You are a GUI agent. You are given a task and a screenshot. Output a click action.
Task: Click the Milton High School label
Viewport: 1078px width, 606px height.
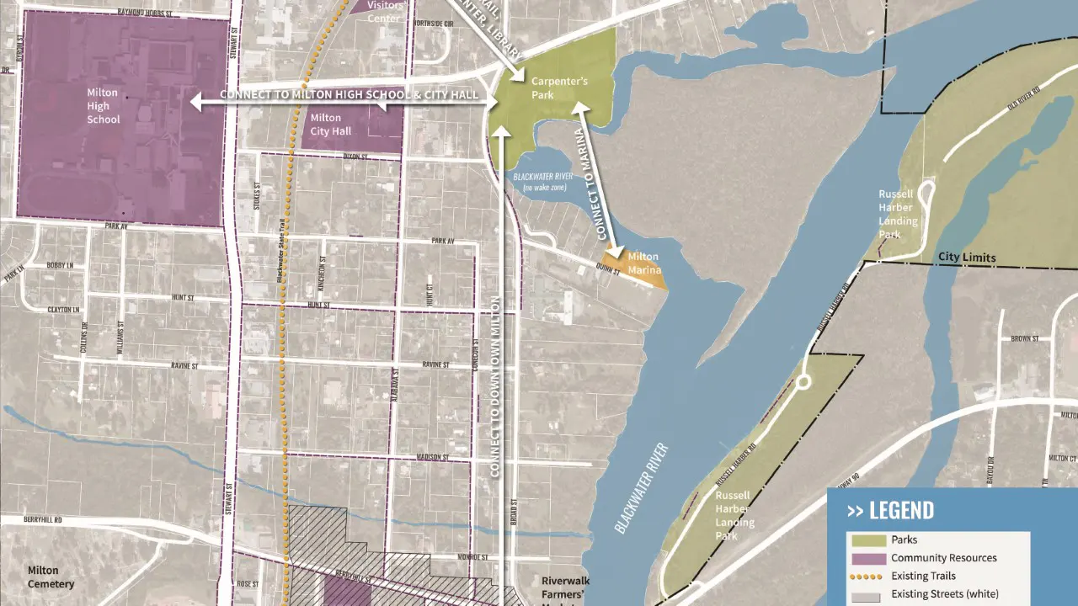[103, 106]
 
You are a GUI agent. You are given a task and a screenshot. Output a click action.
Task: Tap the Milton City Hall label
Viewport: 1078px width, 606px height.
[326, 125]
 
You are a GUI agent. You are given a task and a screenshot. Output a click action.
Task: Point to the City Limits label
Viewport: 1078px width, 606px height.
[967, 258]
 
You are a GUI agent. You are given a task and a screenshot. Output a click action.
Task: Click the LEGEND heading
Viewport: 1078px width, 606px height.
[890, 510]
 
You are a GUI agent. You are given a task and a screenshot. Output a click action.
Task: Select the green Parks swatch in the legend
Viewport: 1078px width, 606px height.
[867, 540]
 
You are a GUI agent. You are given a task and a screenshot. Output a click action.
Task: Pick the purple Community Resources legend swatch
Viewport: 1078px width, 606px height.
[867, 558]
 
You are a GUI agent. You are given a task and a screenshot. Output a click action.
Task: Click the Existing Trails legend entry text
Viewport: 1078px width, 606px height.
[923, 577]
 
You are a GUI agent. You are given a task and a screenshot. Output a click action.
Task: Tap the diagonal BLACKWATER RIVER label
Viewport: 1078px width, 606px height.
[640, 487]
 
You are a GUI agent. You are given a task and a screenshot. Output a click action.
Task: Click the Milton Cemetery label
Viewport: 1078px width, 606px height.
[51, 577]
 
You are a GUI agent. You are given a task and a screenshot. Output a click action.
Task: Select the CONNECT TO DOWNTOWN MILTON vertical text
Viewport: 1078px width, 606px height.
[495, 387]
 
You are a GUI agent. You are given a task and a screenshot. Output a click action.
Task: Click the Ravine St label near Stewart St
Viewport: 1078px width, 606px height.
[184, 367]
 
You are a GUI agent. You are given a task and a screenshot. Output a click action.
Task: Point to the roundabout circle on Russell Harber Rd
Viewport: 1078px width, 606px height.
[801, 383]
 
